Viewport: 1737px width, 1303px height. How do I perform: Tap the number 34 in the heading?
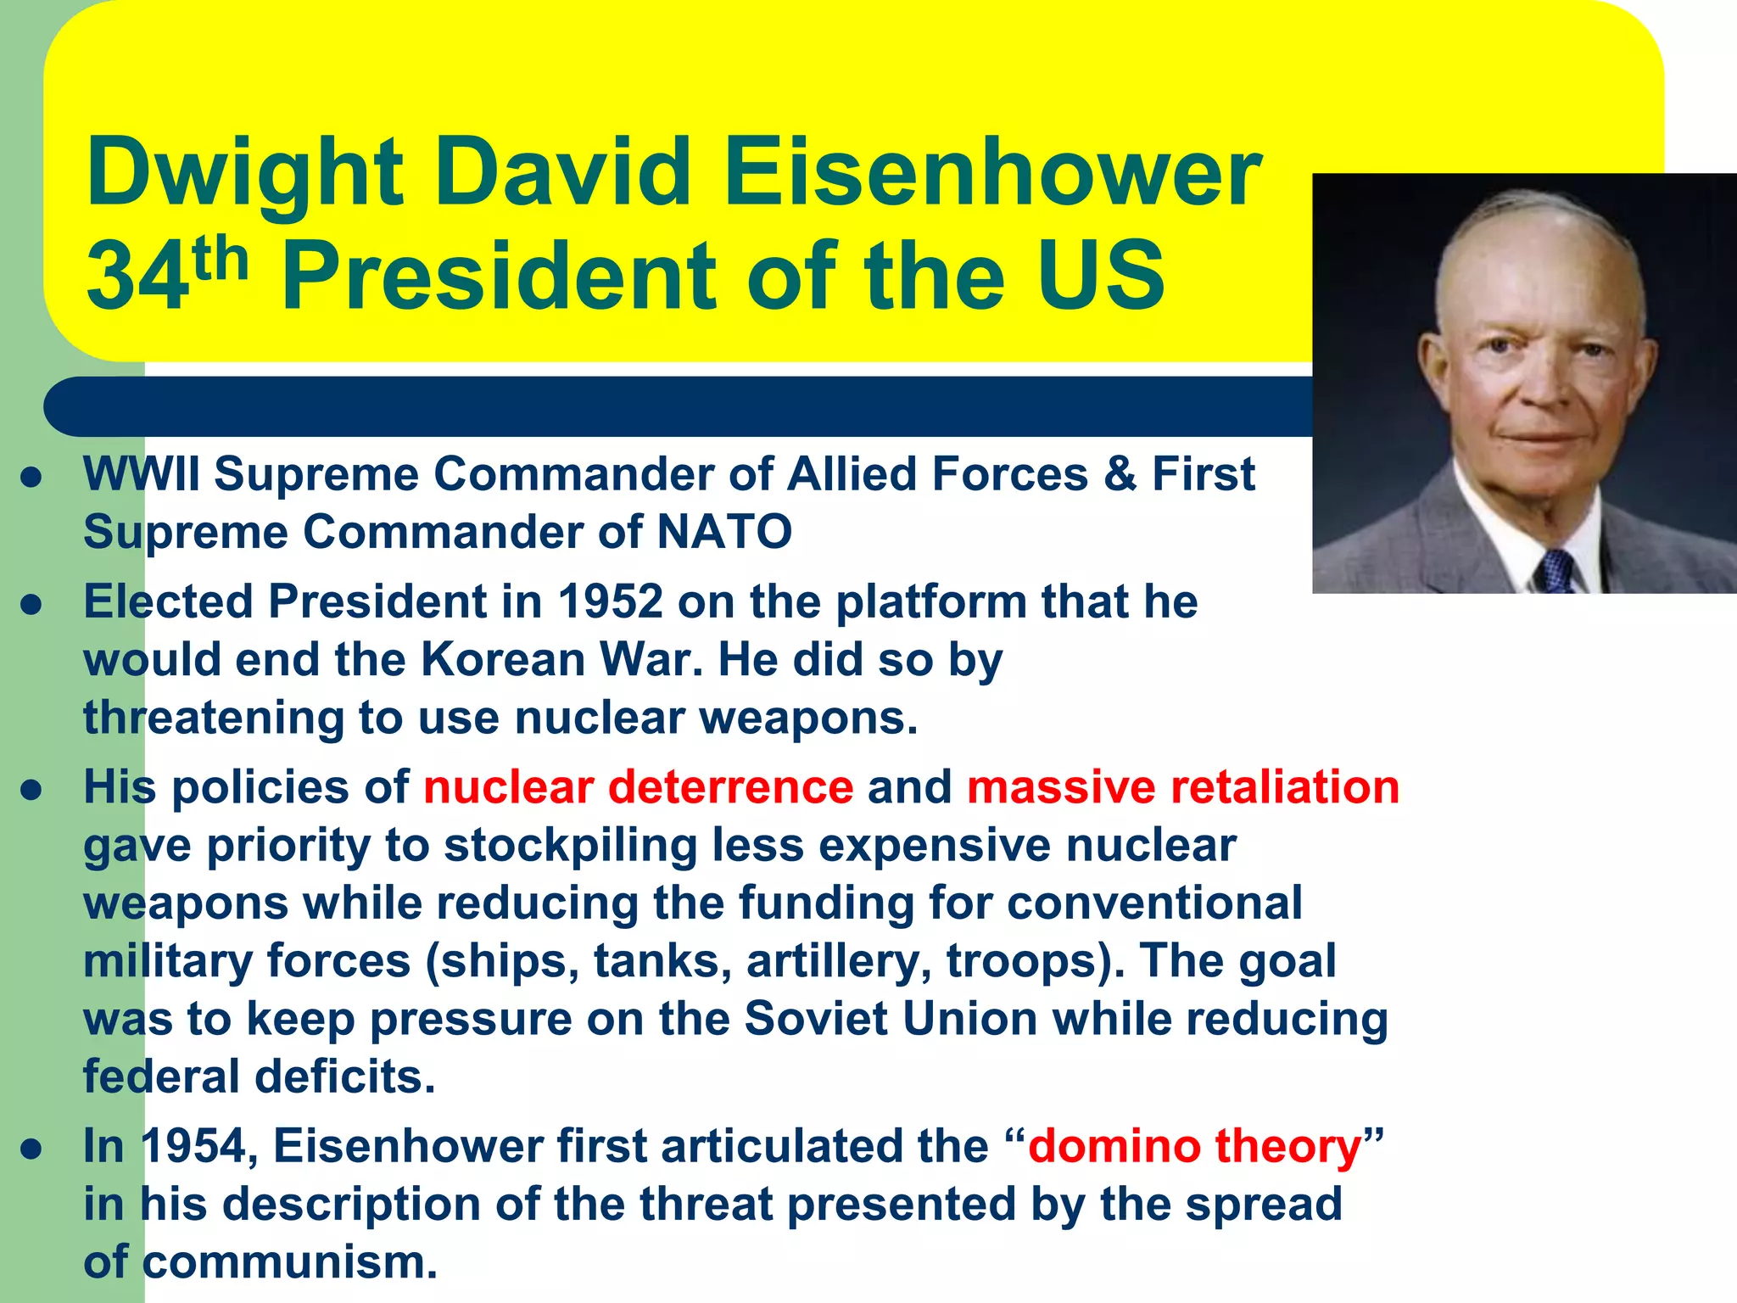click(x=137, y=276)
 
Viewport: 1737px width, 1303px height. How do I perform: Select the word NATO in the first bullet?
click(x=724, y=532)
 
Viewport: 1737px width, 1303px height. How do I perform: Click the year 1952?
click(x=610, y=601)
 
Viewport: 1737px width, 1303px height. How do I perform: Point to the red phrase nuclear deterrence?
click(x=638, y=786)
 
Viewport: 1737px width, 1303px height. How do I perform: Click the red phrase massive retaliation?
click(x=1182, y=786)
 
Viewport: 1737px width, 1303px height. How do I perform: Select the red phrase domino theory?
click(x=1194, y=1146)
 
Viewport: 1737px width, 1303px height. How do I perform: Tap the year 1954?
click(x=193, y=1146)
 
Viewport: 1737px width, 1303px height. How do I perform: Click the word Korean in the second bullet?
click(x=501, y=659)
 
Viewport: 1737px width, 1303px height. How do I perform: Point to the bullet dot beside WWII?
click(x=31, y=477)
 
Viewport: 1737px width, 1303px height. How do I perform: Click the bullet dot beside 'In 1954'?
click(x=31, y=1149)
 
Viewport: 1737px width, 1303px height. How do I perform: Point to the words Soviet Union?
click(x=891, y=1019)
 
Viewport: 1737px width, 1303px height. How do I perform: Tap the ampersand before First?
click(x=1120, y=473)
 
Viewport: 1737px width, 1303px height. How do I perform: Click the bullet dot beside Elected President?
click(x=31, y=605)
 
